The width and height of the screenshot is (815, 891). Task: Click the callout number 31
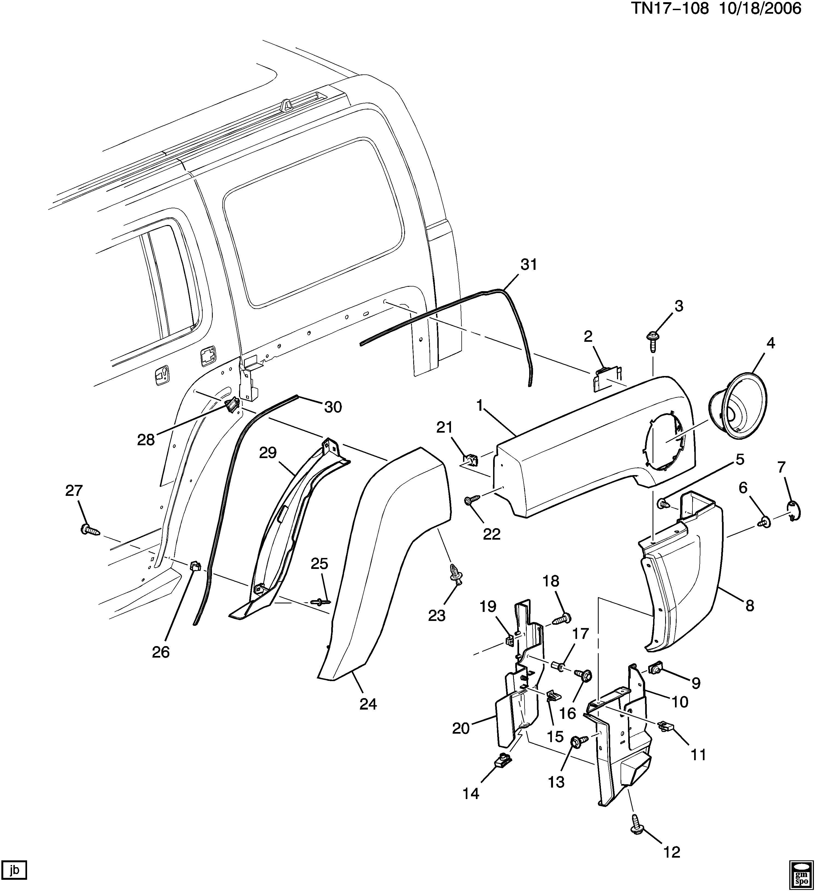pos(529,264)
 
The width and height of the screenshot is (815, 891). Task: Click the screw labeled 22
pos(471,500)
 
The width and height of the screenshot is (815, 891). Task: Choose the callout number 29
pos(268,453)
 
